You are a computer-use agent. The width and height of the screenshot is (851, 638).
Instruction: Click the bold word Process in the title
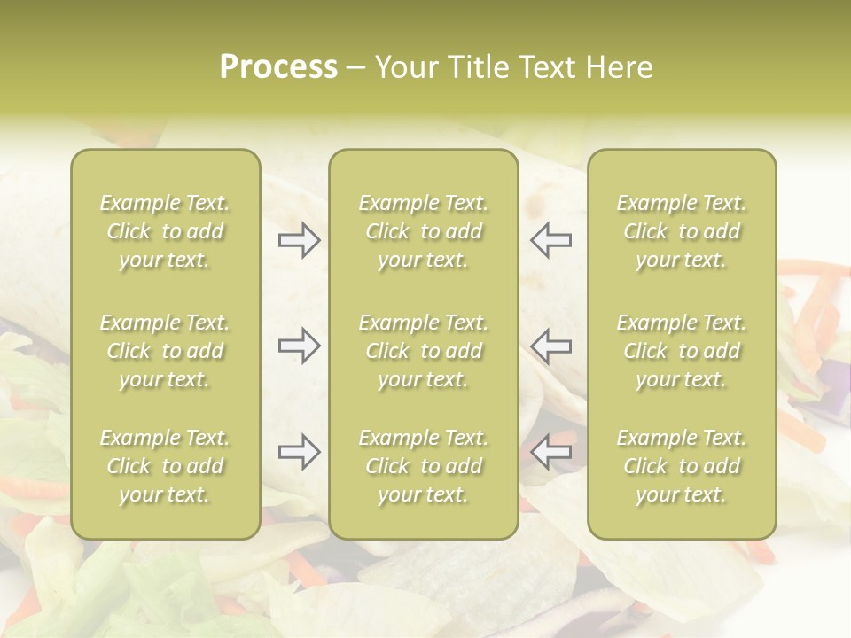[278, 67]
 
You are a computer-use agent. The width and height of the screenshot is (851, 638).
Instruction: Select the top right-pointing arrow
[300, 240]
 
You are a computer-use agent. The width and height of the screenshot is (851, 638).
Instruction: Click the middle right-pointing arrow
[300, 346]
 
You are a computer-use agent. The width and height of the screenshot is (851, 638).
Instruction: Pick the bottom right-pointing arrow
[300, 452]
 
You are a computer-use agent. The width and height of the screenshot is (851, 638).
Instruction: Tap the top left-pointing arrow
[550, 240]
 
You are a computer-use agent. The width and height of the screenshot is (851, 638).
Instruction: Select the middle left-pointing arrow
[550, 346]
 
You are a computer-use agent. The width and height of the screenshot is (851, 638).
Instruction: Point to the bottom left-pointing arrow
[550, 452]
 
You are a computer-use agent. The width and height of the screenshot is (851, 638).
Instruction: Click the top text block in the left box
[165, 231]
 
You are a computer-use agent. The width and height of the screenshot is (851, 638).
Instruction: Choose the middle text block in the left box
[165, 351]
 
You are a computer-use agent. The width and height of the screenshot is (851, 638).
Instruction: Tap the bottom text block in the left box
[165, 466]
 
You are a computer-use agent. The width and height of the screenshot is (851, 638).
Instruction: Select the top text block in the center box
[423, 231]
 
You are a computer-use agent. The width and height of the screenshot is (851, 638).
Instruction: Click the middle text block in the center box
[423, 351]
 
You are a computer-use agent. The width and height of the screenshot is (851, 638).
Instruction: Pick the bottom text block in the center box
[423, 466]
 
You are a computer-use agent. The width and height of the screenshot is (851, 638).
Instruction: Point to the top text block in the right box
[681, 231]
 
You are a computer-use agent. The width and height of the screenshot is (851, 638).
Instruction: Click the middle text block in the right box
[681, 351]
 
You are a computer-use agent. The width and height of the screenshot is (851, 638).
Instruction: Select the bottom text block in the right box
[681, 466]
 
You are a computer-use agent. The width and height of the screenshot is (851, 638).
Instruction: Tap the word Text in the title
[547, 67]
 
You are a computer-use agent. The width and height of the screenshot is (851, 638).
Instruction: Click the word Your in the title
[405, 67]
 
